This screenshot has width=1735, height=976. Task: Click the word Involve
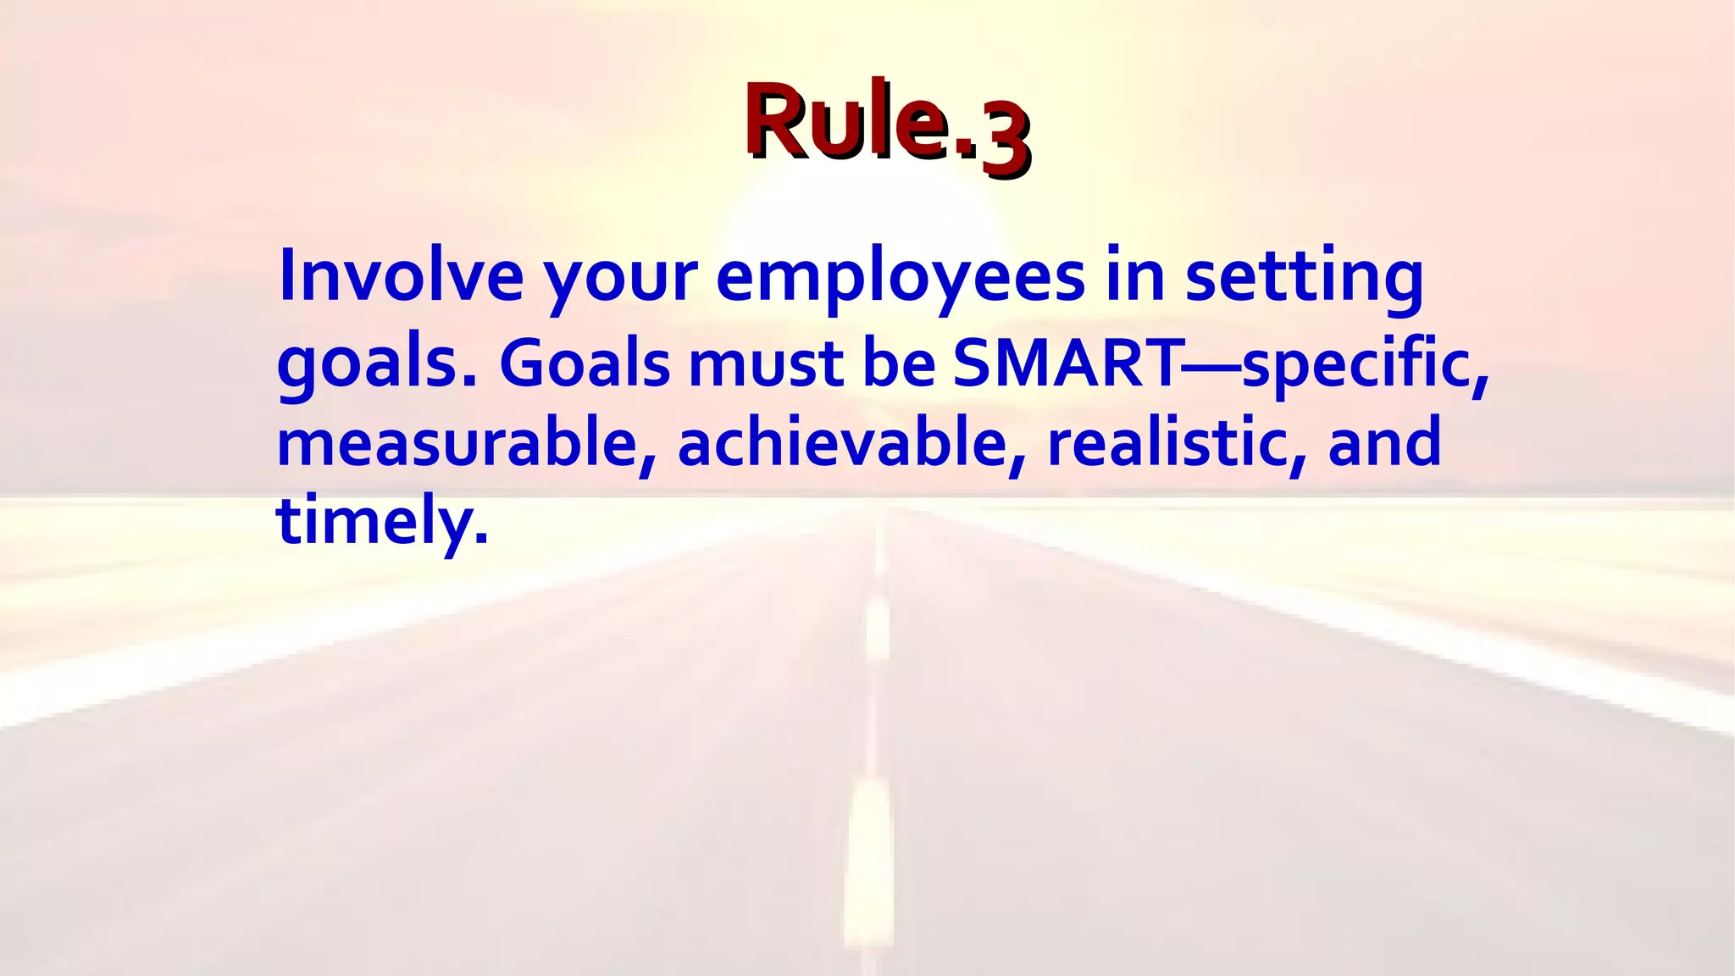(400, 275)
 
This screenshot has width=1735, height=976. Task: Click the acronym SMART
(1067, 363)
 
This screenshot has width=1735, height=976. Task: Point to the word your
(619, 280)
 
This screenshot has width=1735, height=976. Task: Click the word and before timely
(1383, 442)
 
